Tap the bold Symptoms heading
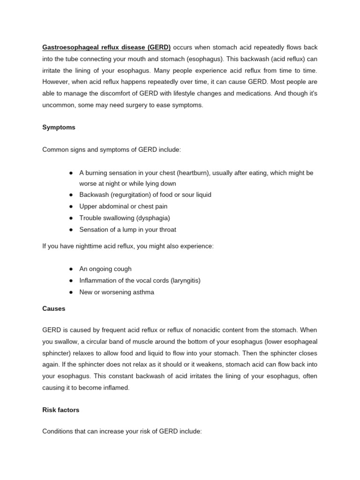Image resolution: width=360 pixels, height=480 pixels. coord(59,127)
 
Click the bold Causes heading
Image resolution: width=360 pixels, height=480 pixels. coord(54,309)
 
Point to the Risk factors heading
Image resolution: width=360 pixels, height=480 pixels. coord(61,410)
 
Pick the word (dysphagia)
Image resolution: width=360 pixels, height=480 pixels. coord(153,218)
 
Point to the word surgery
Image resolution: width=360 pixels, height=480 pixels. coord(127,105)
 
